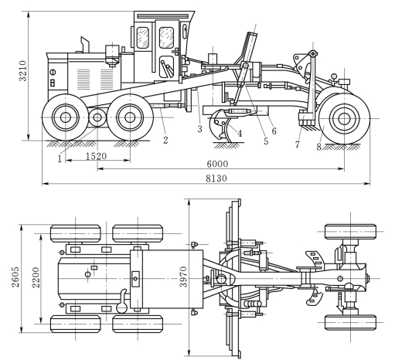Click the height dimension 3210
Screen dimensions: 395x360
pyautogui.click(x=23, y=71)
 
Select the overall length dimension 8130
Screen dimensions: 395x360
pyautogui.click(x=216, y=178)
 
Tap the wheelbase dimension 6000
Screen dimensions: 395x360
pyautogui.click(x=217, y=164)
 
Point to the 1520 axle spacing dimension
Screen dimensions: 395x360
pyautogui.click(x=96, y=156)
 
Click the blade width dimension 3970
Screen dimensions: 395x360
pyautogui.click(x=183, y=277)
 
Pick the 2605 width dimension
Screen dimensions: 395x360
pyautogui.click(x=15, y=277)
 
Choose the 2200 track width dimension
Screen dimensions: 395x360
pyautogui.click(x=36, y=277)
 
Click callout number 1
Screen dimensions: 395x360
pyautogui.click(x=60, y=159)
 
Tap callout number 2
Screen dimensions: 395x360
pyautogui.click(x=165, y=140)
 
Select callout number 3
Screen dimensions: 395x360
pyautogui.click(x=200, y=129)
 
